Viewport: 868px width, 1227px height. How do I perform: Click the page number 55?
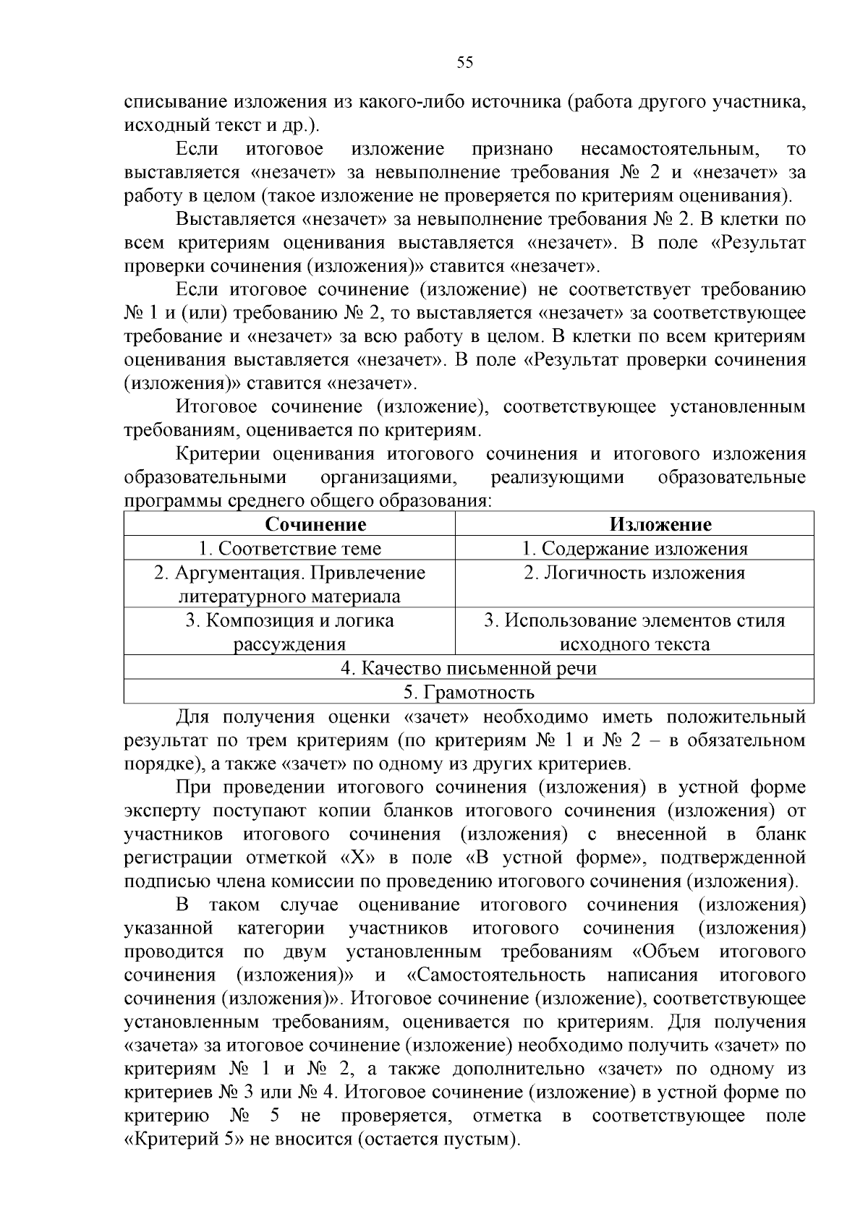465,63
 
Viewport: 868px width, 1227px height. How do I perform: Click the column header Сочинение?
315,524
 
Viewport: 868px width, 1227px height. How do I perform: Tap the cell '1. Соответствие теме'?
289,549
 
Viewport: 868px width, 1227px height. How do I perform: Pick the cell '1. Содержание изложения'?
634,549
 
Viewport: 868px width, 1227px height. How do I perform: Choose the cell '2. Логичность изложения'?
634,573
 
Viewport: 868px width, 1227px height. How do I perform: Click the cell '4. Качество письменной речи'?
469,668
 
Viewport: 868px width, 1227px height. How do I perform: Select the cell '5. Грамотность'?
469,693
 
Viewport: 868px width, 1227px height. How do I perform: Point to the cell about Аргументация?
289,584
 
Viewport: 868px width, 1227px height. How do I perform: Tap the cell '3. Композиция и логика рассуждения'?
289,632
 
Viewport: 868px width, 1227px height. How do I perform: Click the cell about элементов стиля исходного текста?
634,632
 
